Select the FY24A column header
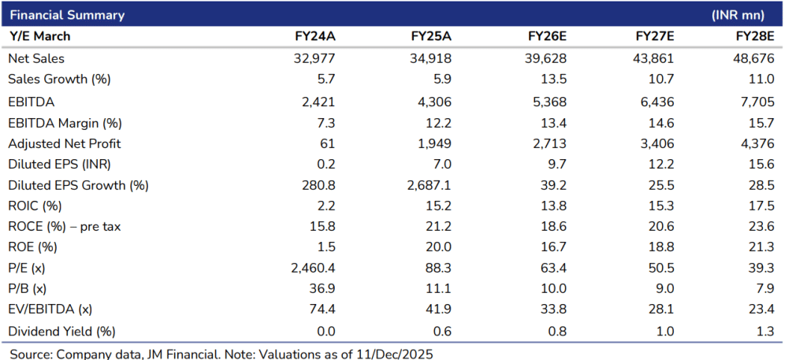(314, 36)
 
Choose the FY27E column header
(656, 36)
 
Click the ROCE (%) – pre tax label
(64, 226)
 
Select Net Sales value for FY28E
(753, 58)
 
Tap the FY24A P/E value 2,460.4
(310, 268)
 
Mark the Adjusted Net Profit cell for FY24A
(327, 143)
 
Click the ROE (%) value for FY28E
(763, 247)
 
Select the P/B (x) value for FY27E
(665, 288)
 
